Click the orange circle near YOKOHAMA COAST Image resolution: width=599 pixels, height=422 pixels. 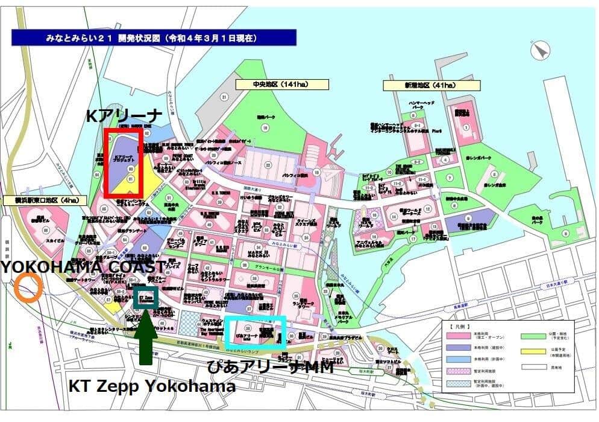click(x=28, y=287)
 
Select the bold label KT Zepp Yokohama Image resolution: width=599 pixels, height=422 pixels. click(x=151, y=386)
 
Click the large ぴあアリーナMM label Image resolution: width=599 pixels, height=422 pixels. click(x=270, y=365)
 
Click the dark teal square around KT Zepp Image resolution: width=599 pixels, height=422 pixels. click(x=146, y=298)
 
